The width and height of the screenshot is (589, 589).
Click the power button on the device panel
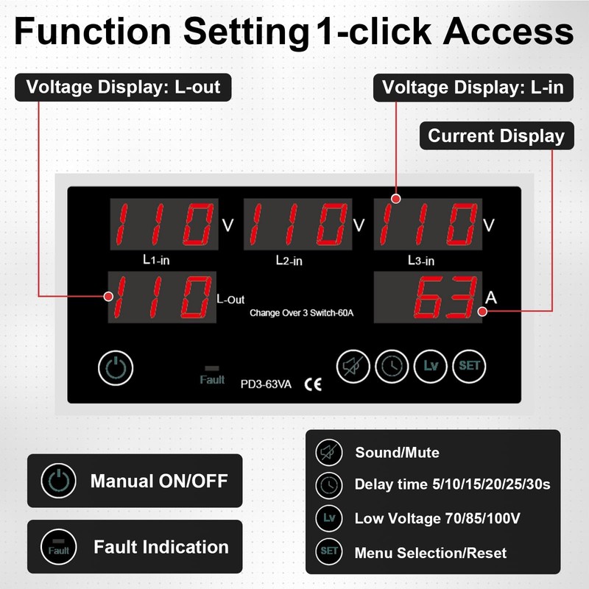click(116, 367)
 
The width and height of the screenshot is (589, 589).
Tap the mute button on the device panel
click(353, 365)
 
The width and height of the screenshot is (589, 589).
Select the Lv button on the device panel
click(431, 365)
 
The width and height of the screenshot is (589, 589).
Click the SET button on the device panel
click(469, 365)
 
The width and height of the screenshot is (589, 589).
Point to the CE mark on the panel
click(312, 384)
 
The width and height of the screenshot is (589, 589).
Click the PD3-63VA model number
click(267, 384)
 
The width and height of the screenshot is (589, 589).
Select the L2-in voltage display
click(296, 225)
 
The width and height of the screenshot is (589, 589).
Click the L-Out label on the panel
click(230, 300)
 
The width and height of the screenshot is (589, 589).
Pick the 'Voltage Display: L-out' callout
click(123, 87)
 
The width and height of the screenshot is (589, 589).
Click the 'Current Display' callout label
click(495, 136)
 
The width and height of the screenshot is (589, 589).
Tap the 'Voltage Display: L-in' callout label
click(473, 88)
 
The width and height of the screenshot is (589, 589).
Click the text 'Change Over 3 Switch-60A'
click(302, 313)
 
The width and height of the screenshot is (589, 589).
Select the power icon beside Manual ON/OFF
click(58, 482)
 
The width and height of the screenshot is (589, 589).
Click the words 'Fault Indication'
click(161, 547)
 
